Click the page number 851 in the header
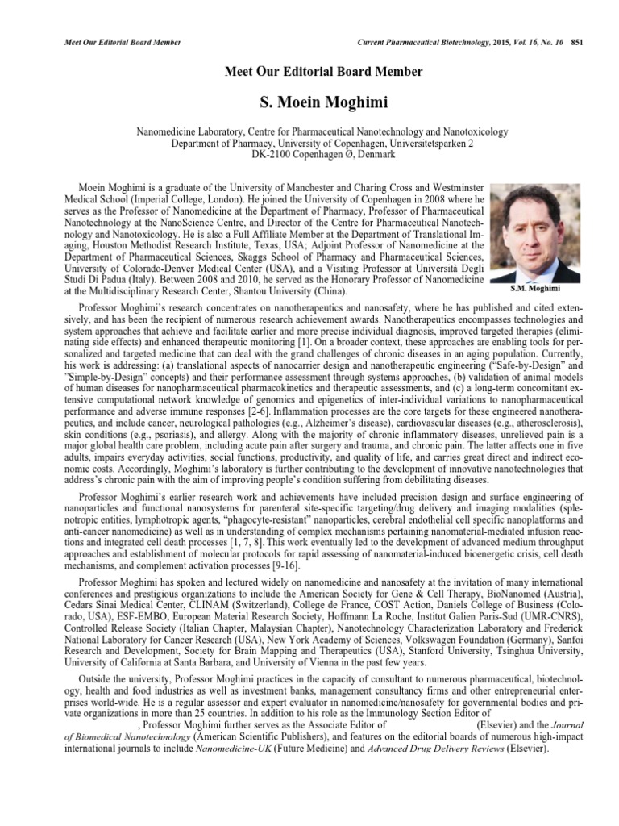coord(575,42)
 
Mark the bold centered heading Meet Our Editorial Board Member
coord(322,72)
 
